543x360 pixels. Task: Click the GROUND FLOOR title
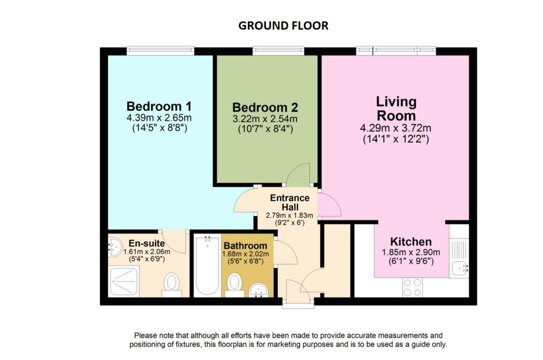coord(283,26)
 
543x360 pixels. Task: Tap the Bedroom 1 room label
coord(159,106)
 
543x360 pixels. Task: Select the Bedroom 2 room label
coord(265,107)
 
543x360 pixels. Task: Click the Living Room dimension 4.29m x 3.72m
coord(396,128)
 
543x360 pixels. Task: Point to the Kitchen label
coord(411,242)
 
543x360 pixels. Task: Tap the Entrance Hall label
coord(290,203)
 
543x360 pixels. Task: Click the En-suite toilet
coord(171,285)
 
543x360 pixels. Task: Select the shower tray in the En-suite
coord(124,281)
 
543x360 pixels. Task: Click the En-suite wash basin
coord(115,247)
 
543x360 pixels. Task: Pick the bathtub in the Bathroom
coord(208,266)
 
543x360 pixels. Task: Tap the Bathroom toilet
coord(234,285)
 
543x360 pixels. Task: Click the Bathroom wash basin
coord(259,290)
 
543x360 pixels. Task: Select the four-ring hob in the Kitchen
coord(412,288)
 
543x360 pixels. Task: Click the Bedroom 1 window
coord(161,51)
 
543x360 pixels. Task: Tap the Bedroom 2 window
coord(278,51)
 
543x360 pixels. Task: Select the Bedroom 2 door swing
coord(298,174)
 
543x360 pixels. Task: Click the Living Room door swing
coord(330,203)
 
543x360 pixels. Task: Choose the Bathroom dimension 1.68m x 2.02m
coord(246,254)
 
